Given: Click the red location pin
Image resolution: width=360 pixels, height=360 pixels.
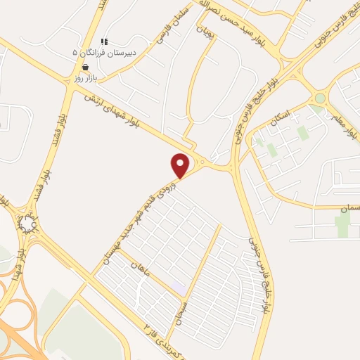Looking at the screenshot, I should point(181,165).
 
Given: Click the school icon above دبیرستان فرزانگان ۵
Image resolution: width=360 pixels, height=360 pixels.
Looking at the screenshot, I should point(105,42).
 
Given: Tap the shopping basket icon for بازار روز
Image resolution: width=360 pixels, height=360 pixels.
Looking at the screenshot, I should point(86,67).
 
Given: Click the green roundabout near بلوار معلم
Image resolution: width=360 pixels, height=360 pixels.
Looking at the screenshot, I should point(320,98).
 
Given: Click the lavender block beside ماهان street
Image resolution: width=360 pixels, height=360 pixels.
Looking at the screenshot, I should point(180,289).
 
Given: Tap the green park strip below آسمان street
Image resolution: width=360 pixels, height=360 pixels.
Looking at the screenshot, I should point(342,225).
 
